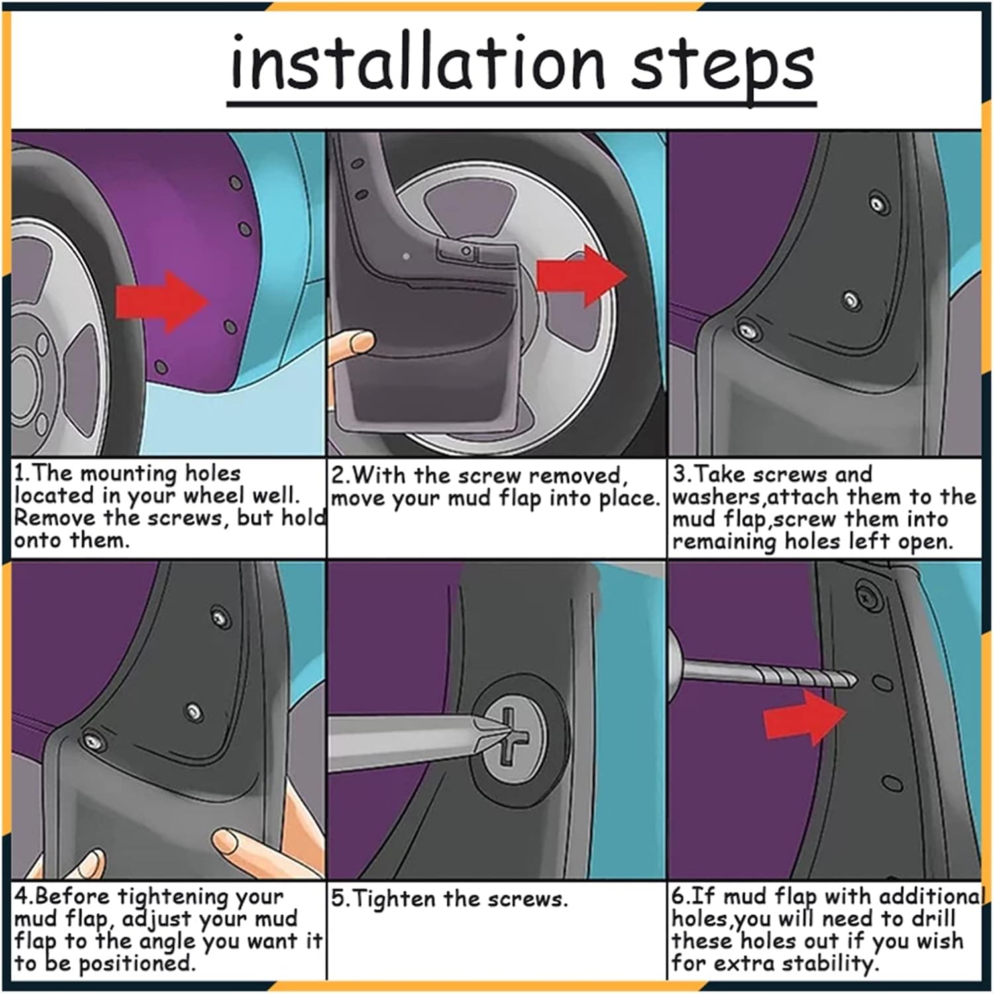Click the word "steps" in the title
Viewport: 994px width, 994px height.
coord(722,68)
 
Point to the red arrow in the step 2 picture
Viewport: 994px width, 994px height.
coord(582,275)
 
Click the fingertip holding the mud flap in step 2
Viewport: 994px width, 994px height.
coord(363,343)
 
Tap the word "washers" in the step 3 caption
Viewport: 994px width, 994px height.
coord(715,497)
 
